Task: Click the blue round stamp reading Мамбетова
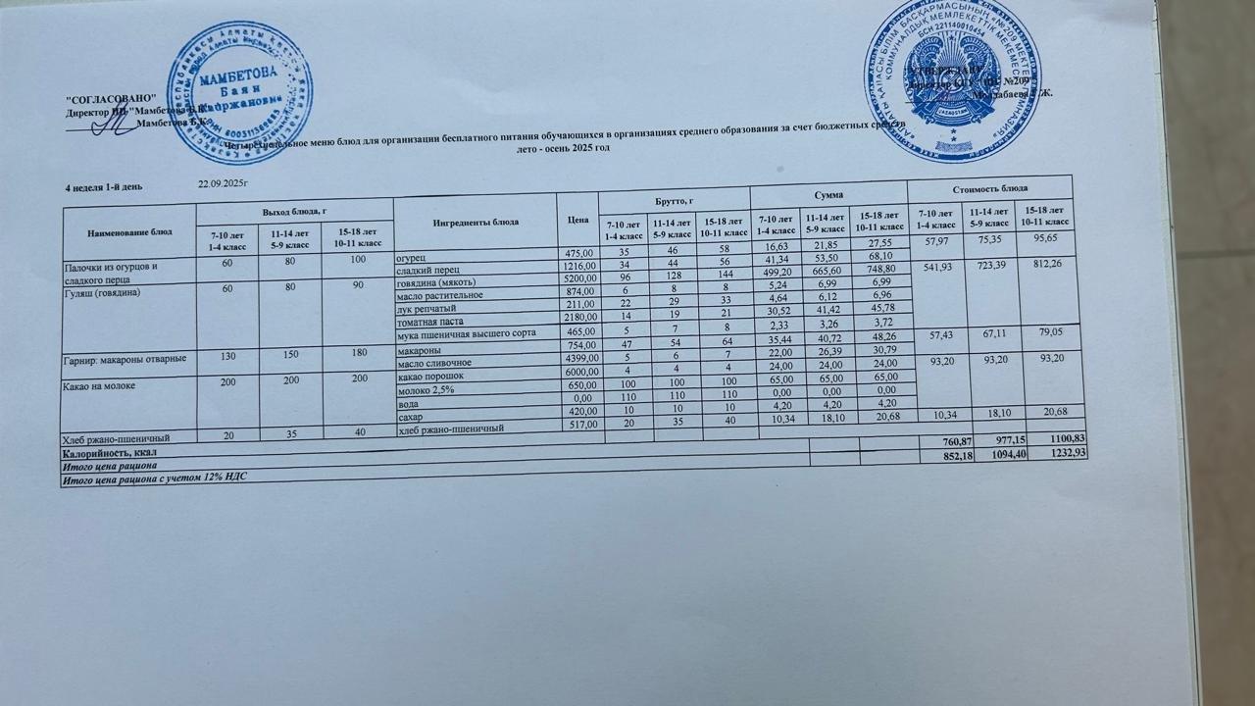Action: (240, 92)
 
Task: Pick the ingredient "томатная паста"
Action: (430, 322)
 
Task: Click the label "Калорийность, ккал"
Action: (110, 454)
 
